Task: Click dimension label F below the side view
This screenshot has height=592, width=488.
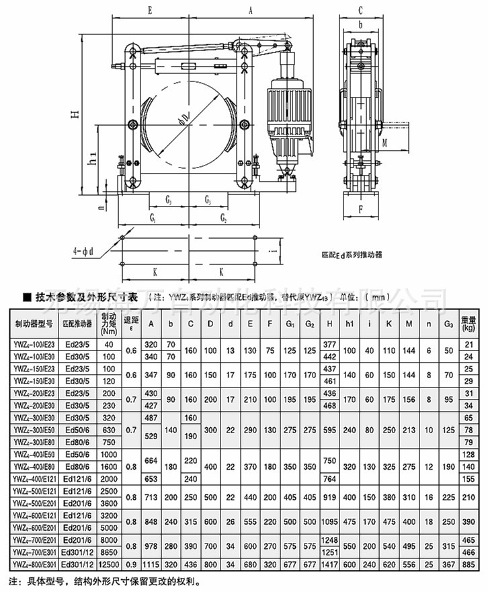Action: pyautogui.click(x=361, y=209)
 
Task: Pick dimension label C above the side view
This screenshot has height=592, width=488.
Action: pyautogui.click(x=361, y=10)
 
